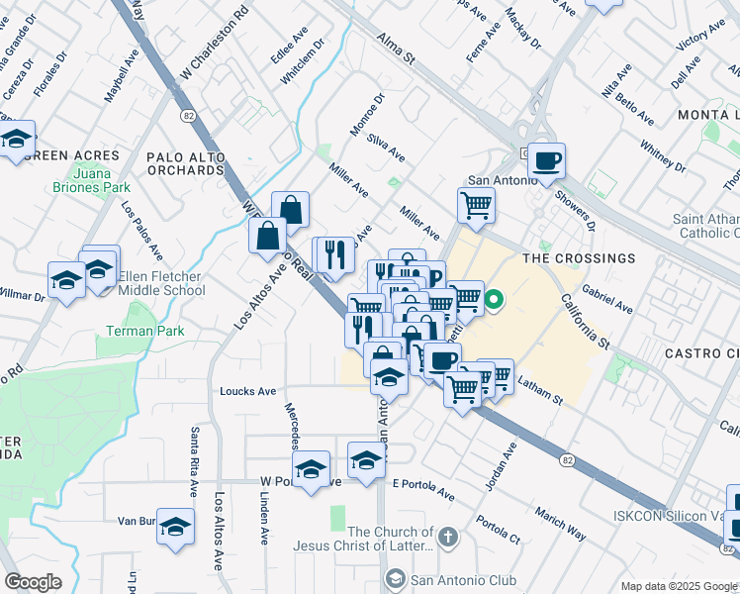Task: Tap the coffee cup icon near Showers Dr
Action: pyautogui.click(x=546, y=159)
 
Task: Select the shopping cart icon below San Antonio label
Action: pyautogui.click(x=476, y=206)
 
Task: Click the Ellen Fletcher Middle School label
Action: pyautogui.click(x=161, y=283)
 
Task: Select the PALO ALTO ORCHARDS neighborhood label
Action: pyautogui.click(x=185, y=163)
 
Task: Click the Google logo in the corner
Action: pyautogui.click(x=33, y=581)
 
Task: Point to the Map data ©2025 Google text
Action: pyautogui.click(x=678, y=586)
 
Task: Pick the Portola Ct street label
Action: pyautogui.click(x=498, y=530)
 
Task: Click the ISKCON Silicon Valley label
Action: pyautogui.click(x=675, y=515)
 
